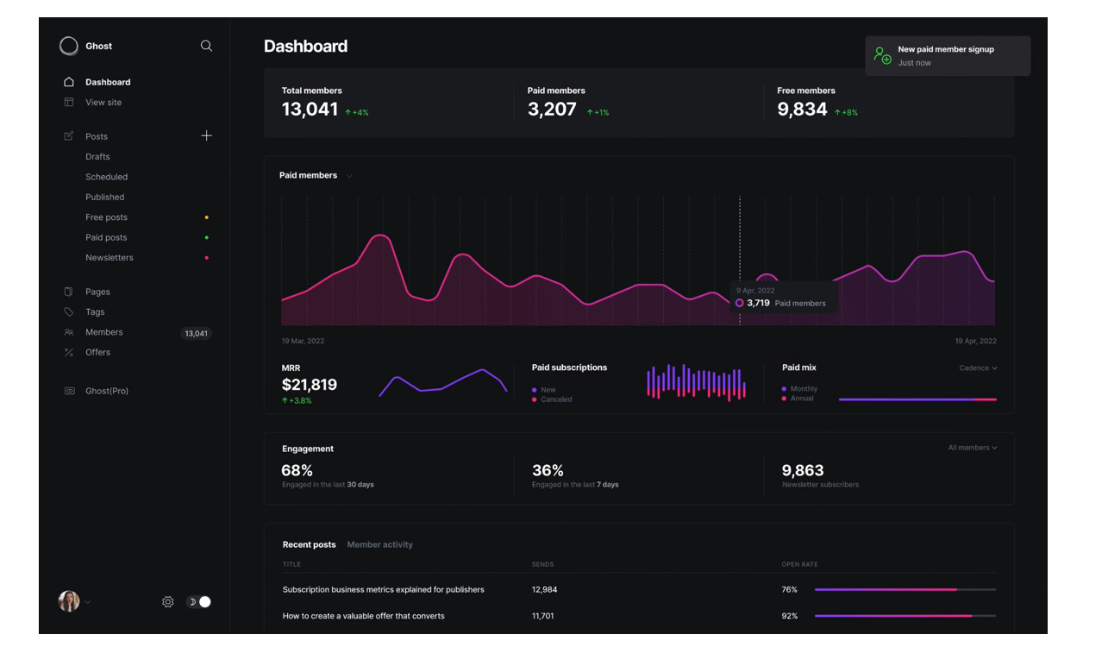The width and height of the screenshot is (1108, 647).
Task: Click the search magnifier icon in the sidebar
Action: click(x=206, y=46)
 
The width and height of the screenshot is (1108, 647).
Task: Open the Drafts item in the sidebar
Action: click(x=97, y=157)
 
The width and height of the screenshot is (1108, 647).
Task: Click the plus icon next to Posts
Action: click(x=206, y=135)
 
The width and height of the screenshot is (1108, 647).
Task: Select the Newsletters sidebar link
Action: click(x=110, y=258)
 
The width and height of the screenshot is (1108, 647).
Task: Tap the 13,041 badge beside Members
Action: click(x=196, y=333)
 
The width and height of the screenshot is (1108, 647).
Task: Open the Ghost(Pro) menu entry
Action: click(x=107, y=391)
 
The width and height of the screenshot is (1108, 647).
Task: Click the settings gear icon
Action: click(x=168, y=602)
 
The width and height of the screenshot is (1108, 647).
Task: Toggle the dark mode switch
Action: click(x=199, y=602)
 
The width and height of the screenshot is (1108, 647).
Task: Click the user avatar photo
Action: click(x=69, y=601)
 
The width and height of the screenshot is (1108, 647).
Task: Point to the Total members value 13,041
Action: click(x=310, y=110)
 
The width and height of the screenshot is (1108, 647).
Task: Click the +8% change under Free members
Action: click(x=846, y=113)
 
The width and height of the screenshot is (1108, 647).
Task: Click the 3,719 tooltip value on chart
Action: click(x=758, y=304)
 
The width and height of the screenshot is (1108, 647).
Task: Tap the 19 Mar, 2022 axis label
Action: click(x=303, y=342)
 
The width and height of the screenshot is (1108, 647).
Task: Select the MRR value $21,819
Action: click(x=309, y=385)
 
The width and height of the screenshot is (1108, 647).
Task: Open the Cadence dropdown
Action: click(x=978, y=368)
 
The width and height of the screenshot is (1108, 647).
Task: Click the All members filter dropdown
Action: click(x=973, y=448)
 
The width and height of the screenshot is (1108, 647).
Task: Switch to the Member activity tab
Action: click(x=379, y=545)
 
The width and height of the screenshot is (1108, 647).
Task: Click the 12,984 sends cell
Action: click(x=544, y=590)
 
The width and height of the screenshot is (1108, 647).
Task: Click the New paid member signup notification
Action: click(x=947, y=56)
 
